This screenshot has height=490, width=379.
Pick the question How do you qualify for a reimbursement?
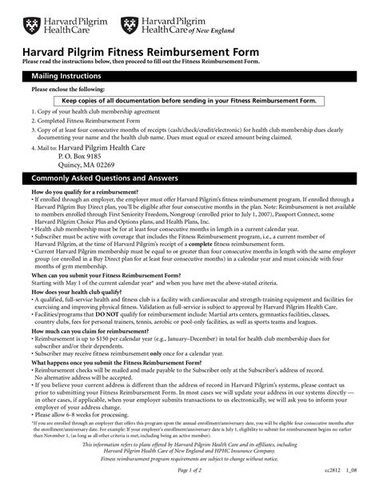pos(94,192)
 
